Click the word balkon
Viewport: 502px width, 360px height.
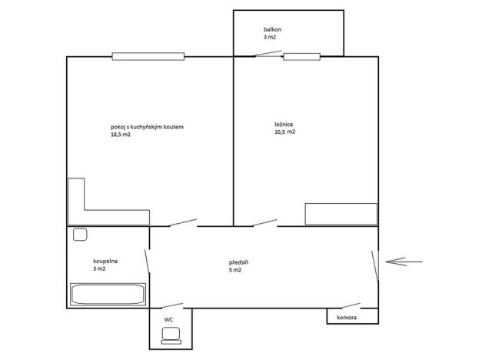[x=271, y=29]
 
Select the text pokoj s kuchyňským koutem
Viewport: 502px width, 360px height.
[x=147, y=127]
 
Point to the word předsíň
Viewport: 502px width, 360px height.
[x=238, y=262]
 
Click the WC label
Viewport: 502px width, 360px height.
[x=168, y=319]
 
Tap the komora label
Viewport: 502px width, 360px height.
[x=346, y=316]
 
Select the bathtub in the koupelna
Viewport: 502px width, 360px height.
[x=108, y=295]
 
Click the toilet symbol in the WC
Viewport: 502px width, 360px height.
[x=171, y=335]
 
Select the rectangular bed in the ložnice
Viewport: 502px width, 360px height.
[x=341, y=214]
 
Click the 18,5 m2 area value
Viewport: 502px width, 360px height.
[x=121, y=135]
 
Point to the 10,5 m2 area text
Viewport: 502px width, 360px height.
[x=284, y=132]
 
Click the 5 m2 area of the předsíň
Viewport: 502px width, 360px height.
[x=235, y=270]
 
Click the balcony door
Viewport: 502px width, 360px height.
[x=258, y=54]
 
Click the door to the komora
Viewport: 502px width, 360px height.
[x=344, y=306]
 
